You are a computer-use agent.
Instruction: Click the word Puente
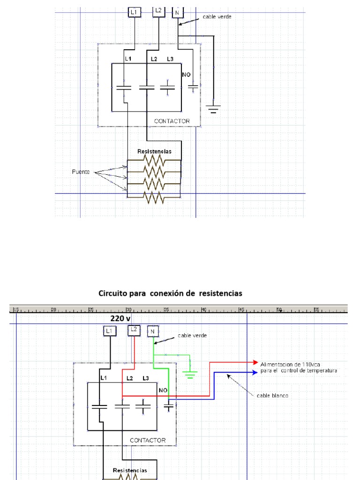[x=81, y=172]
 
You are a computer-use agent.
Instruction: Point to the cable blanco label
[x=273, y=395]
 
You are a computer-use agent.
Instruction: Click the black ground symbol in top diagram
[x=214, y=109]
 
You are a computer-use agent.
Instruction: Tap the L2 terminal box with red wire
[x=134, y=330]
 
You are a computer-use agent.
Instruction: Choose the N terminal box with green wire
[x=153, y=331]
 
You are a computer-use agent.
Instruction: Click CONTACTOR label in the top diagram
[x=172, y=121]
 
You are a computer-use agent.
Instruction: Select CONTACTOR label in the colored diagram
[x=148, y=440]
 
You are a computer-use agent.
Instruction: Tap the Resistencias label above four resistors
[x=154, y=151]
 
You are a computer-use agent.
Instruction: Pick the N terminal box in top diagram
[x=178, y=12]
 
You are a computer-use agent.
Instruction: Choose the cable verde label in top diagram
[x=217, y=16]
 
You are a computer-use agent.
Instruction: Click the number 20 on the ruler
[x=53, y=309]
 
